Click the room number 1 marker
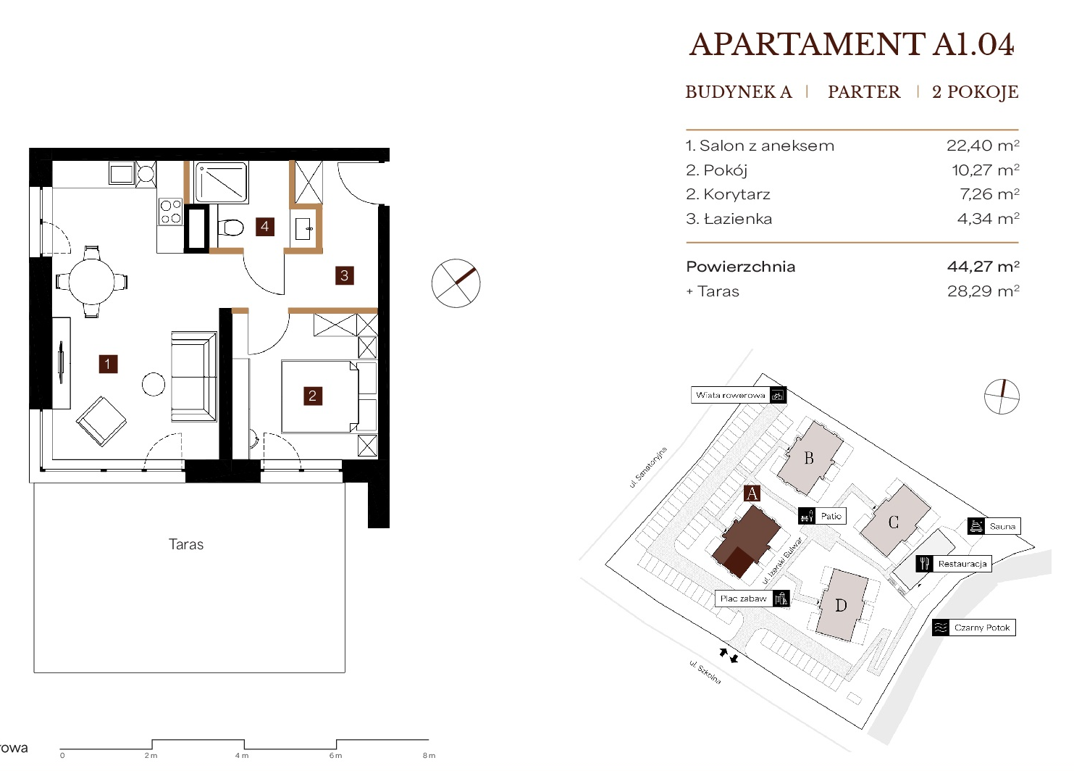pyautogui.click(x=108, y=364)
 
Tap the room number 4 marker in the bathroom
pyautogui.click(x=264, y=227)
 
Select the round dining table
pyautogui.click(x=91, y=281)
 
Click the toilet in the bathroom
pyautogui.click(x=230, y=228)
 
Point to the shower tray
pyautogui.click(x=221, y=183)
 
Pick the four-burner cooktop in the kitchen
pyautogui.click(x=171, y=212)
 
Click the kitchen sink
pyautogui.click(x=122, y=174)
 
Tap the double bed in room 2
pyautogui.click(x=320, y=397)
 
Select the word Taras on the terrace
pyautogui.click(x=186, y=544)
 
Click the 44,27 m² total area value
pyautogui.click(x=983, y=266)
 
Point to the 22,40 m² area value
pyautogui.click(x=983, y=146)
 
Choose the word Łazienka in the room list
pyautogui.click(x=738, y=219)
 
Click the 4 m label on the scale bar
pyautogui.click(x=242, y=756)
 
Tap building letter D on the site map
pyautogui.click(x=841, y=606)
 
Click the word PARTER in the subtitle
pyautogui.click(x=864, y=92)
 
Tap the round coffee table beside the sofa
pyautogui.click(x=154, y=384)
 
